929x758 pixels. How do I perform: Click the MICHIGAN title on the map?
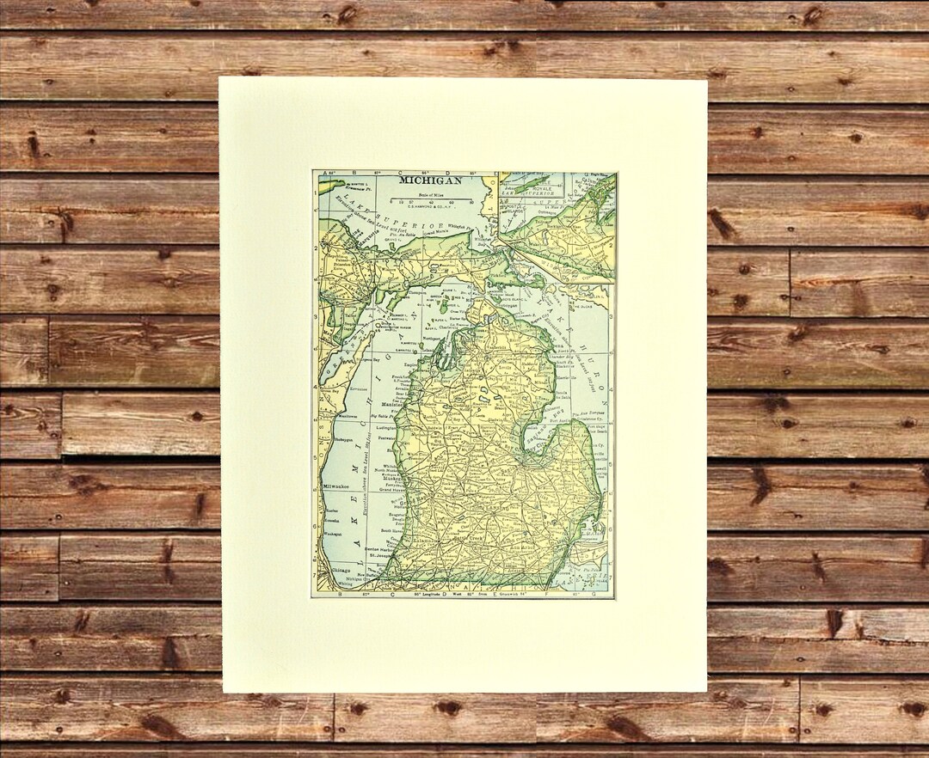[430, 180]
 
